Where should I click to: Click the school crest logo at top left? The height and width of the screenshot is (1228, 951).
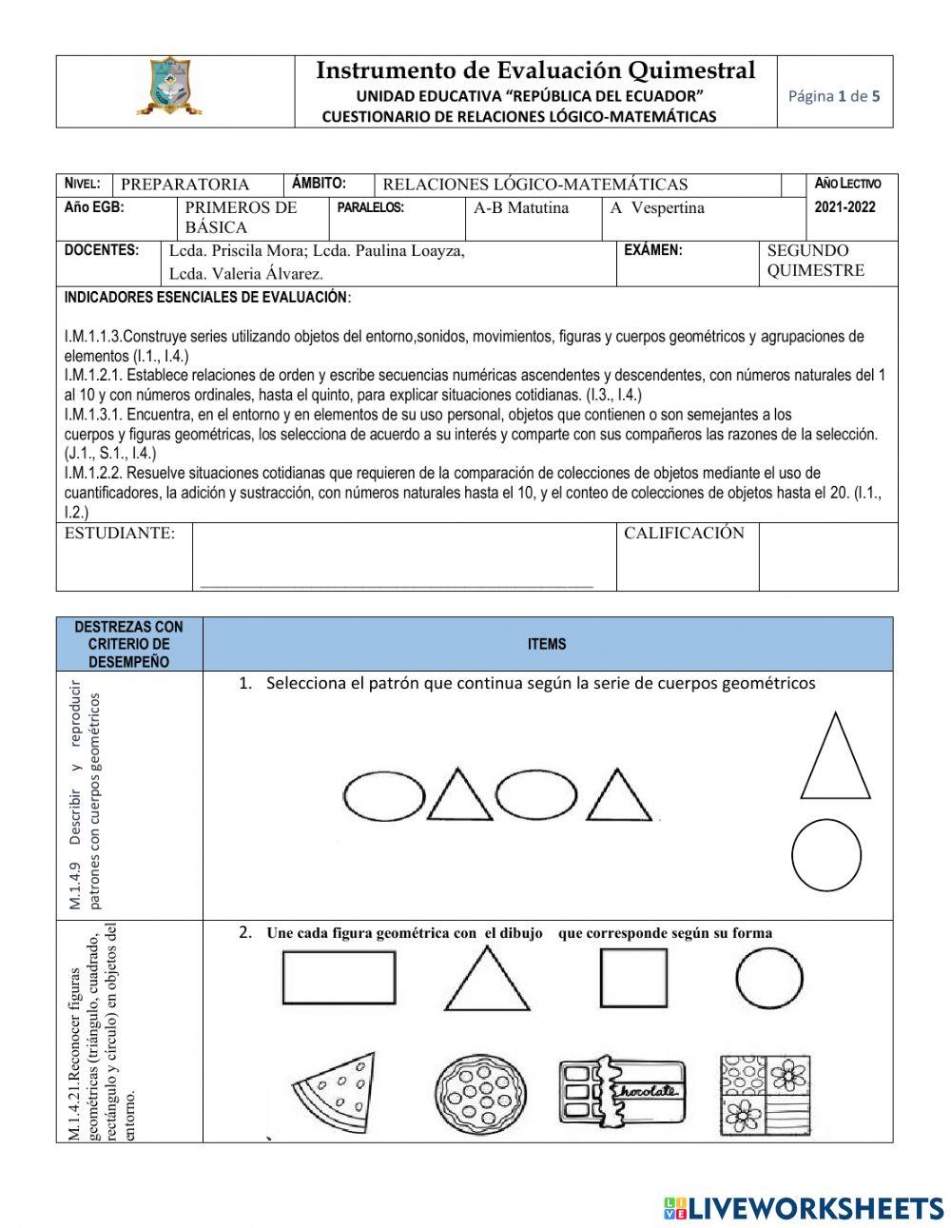[x=170, y=87]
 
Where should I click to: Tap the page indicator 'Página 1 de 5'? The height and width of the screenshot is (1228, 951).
[x=834, y=95]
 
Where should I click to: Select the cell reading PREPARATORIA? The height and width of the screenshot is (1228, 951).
[x=185, y=185]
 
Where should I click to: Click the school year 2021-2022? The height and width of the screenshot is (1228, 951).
[x=846, y=206]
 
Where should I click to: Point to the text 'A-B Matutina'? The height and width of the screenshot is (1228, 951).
[x=521, y=207]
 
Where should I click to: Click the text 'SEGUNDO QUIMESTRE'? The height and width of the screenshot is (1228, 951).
[x=815, y=261]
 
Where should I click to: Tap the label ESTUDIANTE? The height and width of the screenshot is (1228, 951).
[x=120, y=534]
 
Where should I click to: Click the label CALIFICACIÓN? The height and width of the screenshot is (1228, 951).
[x=684, y=534]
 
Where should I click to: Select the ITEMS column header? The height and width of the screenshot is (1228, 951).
[x=547, y=644]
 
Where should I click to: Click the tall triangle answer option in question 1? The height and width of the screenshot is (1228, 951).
[x=835, y=758]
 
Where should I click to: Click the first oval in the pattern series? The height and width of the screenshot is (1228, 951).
[x=384, y=796]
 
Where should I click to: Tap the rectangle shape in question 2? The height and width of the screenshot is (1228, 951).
[x=339, y=978]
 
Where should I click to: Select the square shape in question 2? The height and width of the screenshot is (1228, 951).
[x=633, y=978]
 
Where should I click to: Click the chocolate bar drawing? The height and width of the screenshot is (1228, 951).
[x=620, y=1092]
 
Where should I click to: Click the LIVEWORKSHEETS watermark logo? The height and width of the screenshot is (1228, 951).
[x=804, y=1208]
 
